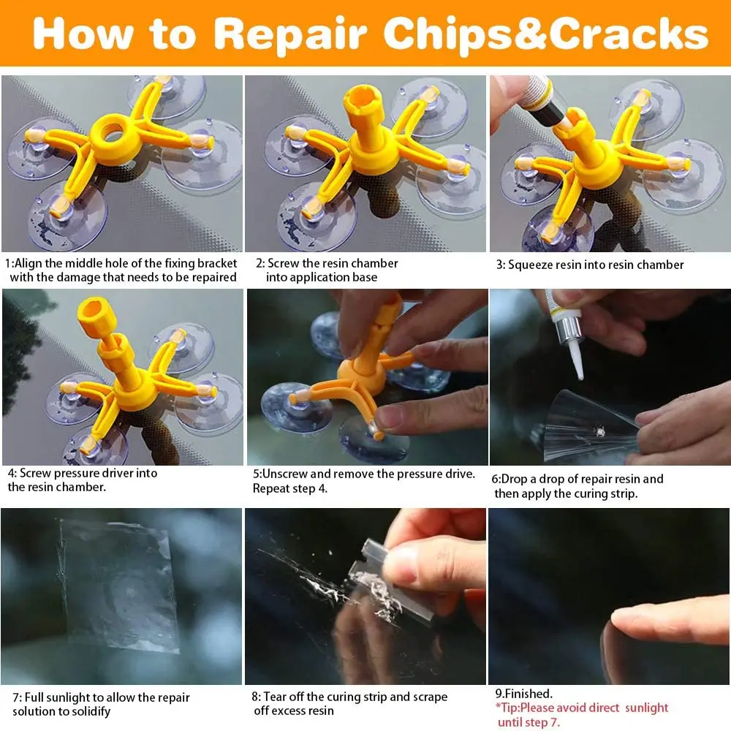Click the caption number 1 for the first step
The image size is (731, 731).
click(x=8, y=263)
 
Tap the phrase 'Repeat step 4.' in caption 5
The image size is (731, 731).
click(x=290, y=488)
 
